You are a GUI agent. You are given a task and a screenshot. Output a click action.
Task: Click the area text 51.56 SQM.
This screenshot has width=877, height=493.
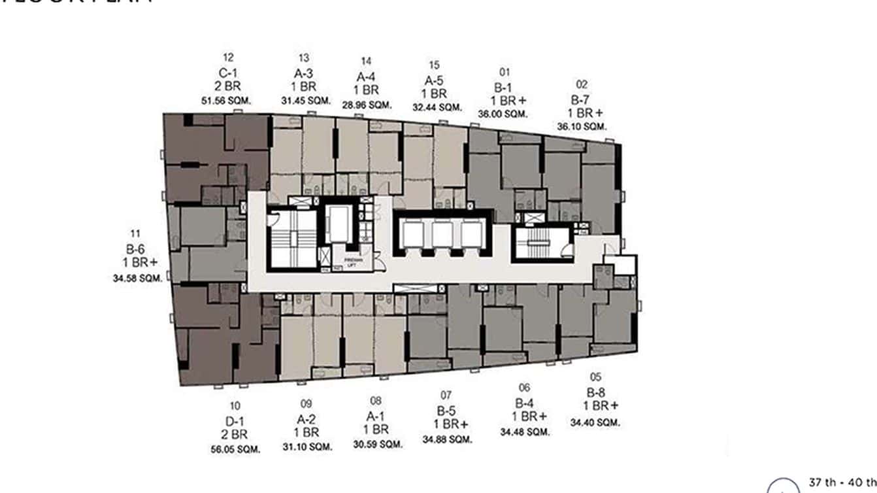[227, 101]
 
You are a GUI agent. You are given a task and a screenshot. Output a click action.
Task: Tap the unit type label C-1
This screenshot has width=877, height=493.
[227, 73]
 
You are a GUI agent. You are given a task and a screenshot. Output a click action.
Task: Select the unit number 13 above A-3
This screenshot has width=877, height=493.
[304, 58]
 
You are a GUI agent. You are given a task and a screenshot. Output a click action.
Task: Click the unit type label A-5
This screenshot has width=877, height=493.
[435, 80]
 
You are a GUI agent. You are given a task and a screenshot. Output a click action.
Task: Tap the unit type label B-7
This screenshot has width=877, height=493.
[580, 99]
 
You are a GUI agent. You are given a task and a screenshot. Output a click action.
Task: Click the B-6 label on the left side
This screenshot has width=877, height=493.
[135, 248]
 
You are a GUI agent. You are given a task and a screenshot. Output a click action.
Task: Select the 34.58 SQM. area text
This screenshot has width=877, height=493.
[137, 279]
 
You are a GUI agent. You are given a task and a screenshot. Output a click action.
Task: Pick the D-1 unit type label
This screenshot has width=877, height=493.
[235, 421]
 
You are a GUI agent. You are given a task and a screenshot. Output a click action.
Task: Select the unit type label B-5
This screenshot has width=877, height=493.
[446, 411]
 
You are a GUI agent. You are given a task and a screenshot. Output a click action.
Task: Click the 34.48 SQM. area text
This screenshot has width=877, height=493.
[525, 432]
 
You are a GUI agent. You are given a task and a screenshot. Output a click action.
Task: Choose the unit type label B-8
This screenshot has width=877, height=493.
[595, 393]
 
